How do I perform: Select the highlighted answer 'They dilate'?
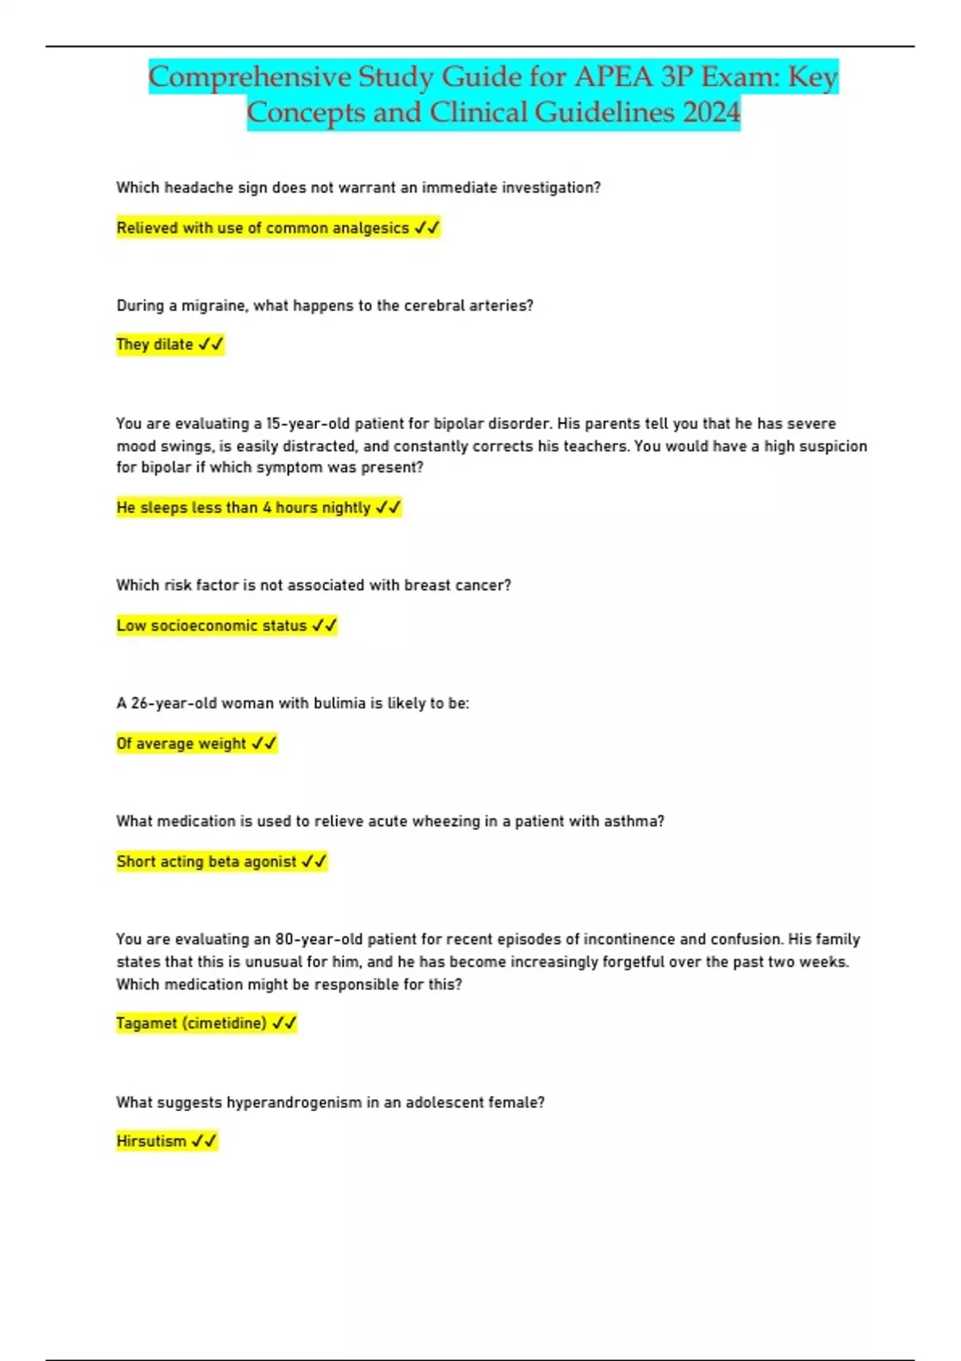point(155,344)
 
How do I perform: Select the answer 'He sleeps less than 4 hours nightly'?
point(243,508)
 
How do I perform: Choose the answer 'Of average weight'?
point(181,744)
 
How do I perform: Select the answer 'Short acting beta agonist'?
point(207,861)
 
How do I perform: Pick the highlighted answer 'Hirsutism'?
point(151,1141)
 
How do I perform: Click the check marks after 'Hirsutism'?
point(204,1141)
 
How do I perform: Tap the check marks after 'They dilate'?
point(211,344)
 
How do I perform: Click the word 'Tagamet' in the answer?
point(147,1023)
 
